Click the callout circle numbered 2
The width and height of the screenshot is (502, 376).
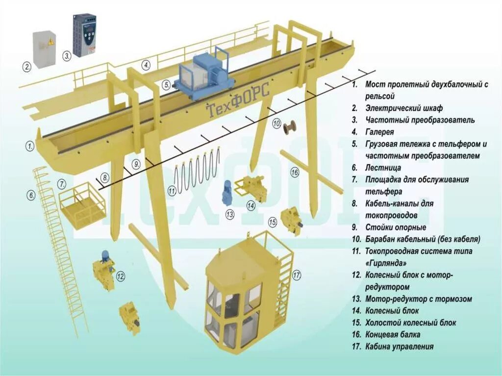point(27,66)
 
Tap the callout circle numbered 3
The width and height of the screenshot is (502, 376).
point(67,56)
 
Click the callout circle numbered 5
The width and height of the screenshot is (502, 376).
point(167,85)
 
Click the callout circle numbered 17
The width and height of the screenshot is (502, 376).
point(296,275)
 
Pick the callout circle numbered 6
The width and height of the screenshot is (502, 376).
point(31,196)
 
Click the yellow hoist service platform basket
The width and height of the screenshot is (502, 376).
point(82,206)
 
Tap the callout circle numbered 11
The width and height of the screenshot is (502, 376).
point(172,191)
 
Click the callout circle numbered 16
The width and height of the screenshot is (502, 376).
point(294,172)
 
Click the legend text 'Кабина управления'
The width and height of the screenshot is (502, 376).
point(399,347)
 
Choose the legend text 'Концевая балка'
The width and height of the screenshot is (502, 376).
point(392,335)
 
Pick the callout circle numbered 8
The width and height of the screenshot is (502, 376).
point(104,177)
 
